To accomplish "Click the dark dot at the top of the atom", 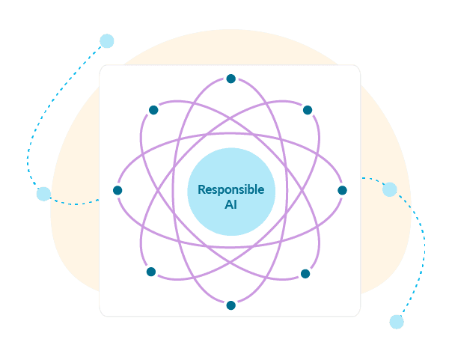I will pyautogui.click(x=230, y=79).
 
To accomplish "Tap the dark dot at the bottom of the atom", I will pyautogui.click(x=230, y=305).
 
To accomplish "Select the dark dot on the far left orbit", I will pyautogui.click(x=117, y=190).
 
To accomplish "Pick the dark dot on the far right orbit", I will pyautogui.click(x=342, y=190).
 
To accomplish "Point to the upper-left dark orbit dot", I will pyautogui.click(x=153, y=110).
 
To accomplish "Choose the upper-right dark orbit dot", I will pyautogui.click(x=307, y=110).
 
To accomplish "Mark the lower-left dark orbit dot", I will pyautogui.click(x=151, y=272).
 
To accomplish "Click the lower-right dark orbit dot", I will pyautogui.click(x=305, y=274).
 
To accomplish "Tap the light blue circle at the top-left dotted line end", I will pyautogui.click(x=107, y=41).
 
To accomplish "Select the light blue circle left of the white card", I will pyautogui.click(x=43, y=194).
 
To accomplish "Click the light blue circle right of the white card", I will pyautogui.click(x=389, y=189).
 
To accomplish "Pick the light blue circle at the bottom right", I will pyautogui.click(x=397, y=322).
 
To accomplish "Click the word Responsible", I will pyautogui.click(x=230, y=190).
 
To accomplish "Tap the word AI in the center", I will pyautogui.click(x=230, y=204).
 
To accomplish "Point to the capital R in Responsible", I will pyautogui.click(x=201, y=190).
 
